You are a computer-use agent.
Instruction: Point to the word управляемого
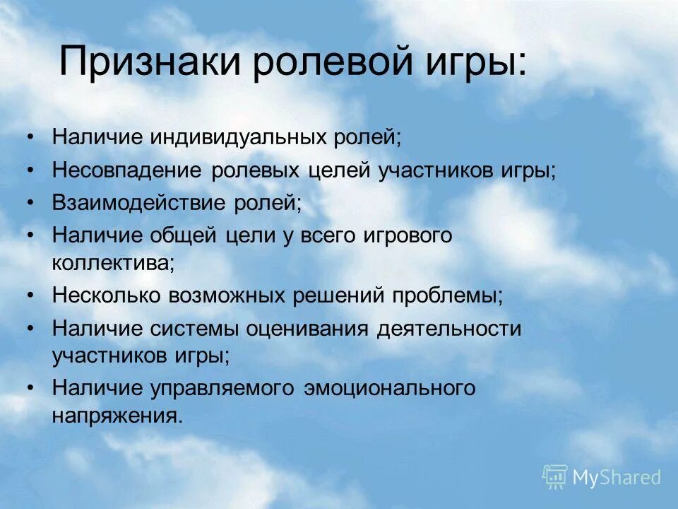coord(227,388)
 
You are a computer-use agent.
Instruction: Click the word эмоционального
coord(390,388)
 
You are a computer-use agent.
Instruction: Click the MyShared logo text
coord(616,477)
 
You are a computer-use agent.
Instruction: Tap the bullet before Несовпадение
coord(29,171)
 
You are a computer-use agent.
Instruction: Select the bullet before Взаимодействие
coord(29,203)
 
